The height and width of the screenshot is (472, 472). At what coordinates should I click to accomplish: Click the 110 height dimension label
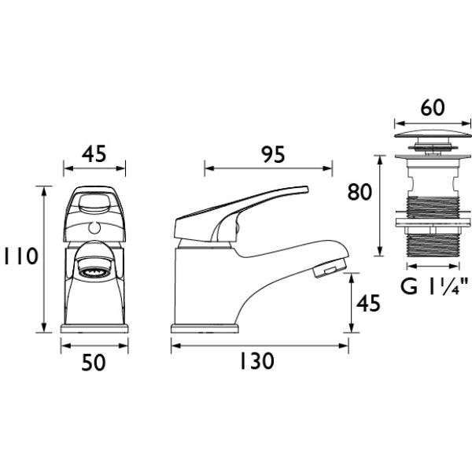(x=20, y=256)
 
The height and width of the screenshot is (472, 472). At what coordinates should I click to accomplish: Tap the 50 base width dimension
(x=94, y=362)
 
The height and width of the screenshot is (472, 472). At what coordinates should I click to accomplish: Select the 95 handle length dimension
(x=273, y=154)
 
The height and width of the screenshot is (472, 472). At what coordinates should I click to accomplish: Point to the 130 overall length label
(x=256, y=361)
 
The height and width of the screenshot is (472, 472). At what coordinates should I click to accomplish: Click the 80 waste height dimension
(x=360, y=192)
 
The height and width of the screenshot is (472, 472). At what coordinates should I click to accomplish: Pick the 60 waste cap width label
(x=433, y=108)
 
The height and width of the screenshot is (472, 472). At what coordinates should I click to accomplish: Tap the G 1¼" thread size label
(x=435, y=286)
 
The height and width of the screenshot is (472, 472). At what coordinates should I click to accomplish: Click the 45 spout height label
(x=368, y=303)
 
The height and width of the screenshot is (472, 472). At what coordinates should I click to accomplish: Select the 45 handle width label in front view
(x=94, y=154)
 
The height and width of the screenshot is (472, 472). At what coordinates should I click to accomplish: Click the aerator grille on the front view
(x=94, y=273)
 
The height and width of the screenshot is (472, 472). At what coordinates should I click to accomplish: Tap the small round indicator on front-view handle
(x=94, y=228)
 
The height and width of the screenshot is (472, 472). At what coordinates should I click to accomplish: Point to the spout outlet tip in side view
(x=328, y=270)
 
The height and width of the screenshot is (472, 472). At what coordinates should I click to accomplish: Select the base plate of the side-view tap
(x=205, y=328)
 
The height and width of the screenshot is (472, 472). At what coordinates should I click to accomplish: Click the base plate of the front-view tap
(x=94, y=328)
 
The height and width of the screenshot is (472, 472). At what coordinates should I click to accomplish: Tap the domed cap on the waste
(x=432, y=134)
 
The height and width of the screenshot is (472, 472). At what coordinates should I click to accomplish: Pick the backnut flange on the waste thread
(x=433, y=222)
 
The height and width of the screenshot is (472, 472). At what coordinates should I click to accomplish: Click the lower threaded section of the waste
(x=433, y=245)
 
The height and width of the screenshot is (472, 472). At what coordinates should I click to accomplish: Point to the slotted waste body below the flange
(x=433, y=179)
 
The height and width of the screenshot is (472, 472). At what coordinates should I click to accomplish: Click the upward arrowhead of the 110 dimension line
(x=44, y=190)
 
